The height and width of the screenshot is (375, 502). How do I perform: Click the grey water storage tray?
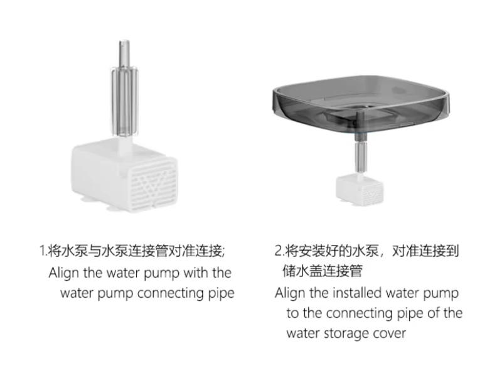[x=361, y=103]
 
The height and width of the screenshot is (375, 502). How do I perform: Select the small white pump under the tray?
[x=360, y=189]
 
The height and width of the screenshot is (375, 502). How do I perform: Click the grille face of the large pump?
[x=152, y=185]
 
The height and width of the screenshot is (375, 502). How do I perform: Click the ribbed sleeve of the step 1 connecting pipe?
[x=124, y=102]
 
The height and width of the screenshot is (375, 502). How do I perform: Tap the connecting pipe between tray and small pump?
[x=361, y=153]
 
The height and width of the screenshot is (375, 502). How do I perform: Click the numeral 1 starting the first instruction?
[x=43, y=251]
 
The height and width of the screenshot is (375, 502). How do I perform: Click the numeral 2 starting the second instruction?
[x=278, y=251]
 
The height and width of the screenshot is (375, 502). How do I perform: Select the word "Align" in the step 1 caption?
[x=64, y=273]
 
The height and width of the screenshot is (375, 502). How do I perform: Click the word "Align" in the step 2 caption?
[x=290, y=293]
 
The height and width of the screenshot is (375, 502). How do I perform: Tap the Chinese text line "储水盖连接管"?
[x=323, y=271]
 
